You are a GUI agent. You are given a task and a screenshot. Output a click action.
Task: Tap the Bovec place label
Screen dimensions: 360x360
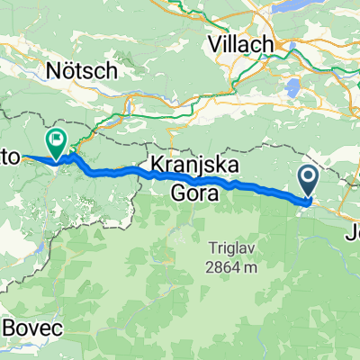point(33,328)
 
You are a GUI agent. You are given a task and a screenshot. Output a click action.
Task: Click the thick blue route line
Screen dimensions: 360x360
point(252,187)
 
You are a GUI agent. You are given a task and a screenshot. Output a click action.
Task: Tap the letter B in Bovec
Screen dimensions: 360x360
point(11,328)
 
